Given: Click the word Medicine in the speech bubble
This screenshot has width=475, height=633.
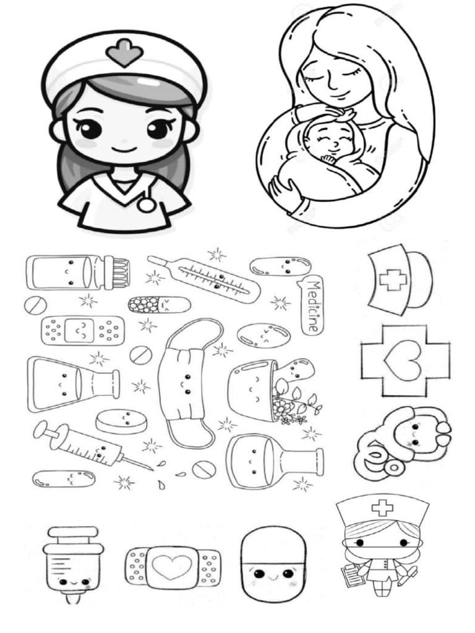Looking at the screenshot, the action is pos(312,307).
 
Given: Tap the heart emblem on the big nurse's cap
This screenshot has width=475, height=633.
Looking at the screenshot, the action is pos(124,53).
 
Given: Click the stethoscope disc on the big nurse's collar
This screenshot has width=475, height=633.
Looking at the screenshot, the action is pos(146,204).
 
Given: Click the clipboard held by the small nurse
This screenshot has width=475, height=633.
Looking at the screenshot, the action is pos(353,574).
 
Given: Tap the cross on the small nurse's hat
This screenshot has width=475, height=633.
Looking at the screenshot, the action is pos(382,508).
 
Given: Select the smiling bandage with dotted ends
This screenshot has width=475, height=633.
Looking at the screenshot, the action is pos(82,331).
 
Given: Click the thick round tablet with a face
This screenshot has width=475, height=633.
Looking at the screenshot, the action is pos(121,422).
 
